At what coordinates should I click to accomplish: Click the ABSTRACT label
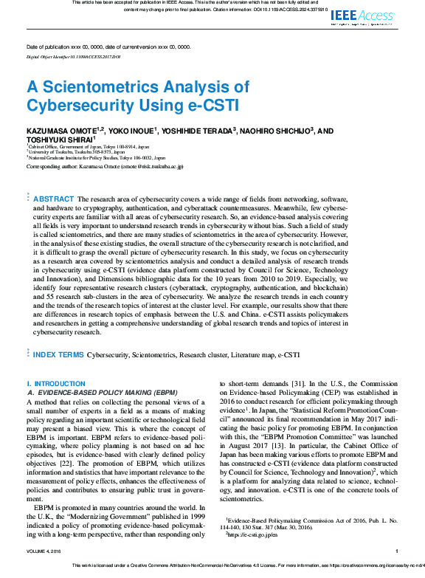coord(54,199)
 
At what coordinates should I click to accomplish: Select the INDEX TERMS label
coord(59,355)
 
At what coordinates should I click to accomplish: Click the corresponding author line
coord(105,167)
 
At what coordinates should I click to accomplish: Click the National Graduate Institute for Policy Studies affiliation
coord(100,158)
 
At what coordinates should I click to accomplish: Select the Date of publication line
coord(108,47)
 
